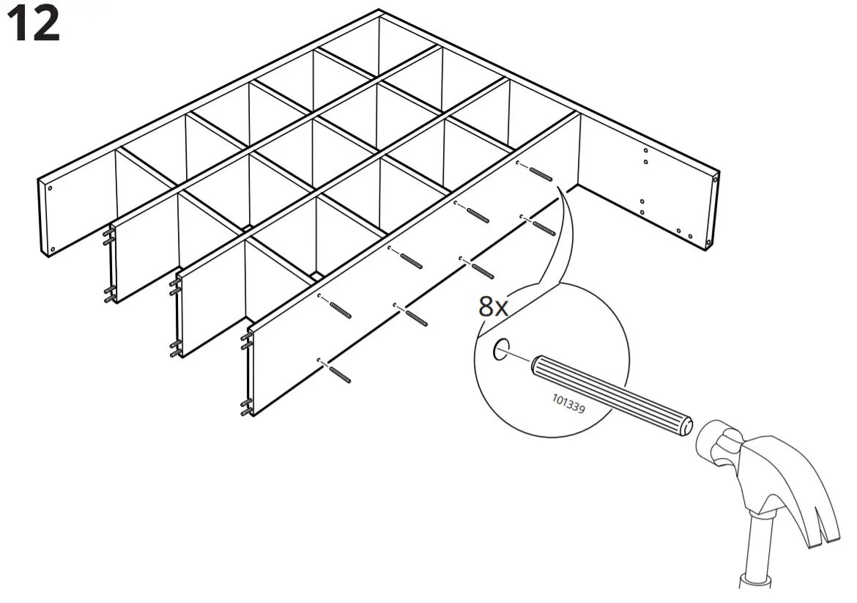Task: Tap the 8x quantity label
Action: click(493, 306)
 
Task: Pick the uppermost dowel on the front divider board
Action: click(541, 174)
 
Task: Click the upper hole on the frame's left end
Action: click(50, 188)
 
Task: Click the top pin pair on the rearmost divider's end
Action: click(108, 236)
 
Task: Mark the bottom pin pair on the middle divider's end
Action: click(177, 346)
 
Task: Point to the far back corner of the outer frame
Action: click(379, 11)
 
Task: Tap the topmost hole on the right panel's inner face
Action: click(645, 151)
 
